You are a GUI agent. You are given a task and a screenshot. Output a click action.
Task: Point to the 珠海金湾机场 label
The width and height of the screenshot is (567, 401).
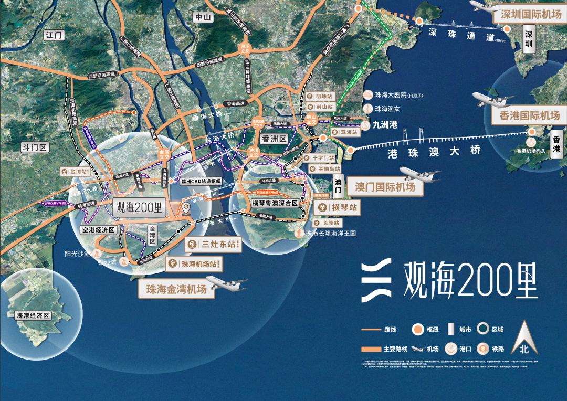point(176,289)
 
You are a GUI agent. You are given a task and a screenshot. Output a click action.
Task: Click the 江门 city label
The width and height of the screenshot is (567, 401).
point(55,36)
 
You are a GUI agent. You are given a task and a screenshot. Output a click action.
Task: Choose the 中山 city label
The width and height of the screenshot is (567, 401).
point(202,17)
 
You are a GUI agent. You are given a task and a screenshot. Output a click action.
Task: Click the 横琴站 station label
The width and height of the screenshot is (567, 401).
point(338,208)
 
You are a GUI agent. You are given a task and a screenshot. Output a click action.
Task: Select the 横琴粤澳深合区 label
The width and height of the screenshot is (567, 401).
point(275,203)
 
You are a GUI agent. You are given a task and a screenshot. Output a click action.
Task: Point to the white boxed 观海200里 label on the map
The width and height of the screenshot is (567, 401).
point(139,207)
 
